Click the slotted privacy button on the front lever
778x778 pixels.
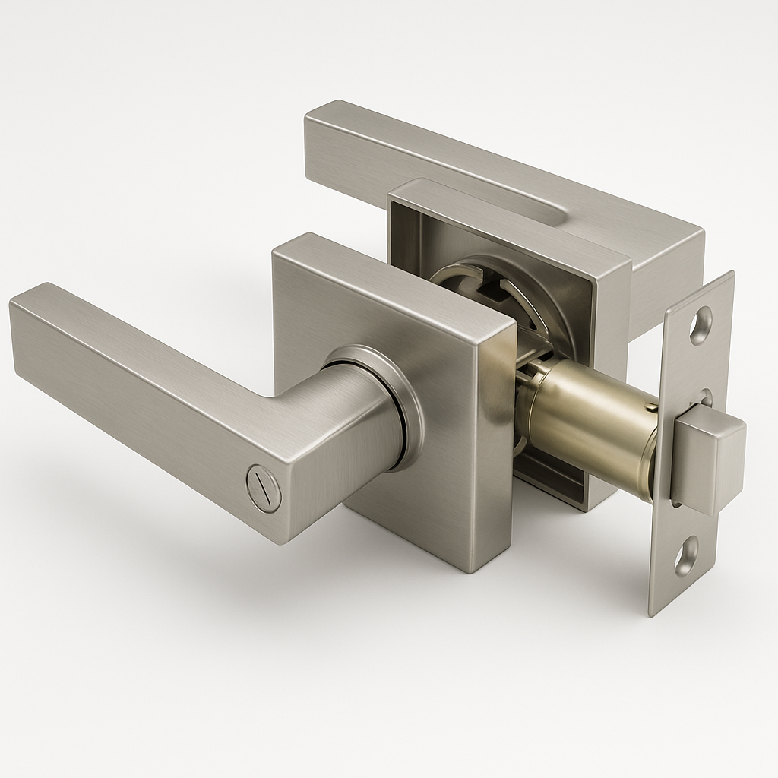(264, 487)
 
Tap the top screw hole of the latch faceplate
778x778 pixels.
(701, 325)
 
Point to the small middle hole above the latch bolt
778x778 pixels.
(707, 397)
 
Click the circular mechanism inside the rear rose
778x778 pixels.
(494, 296)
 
